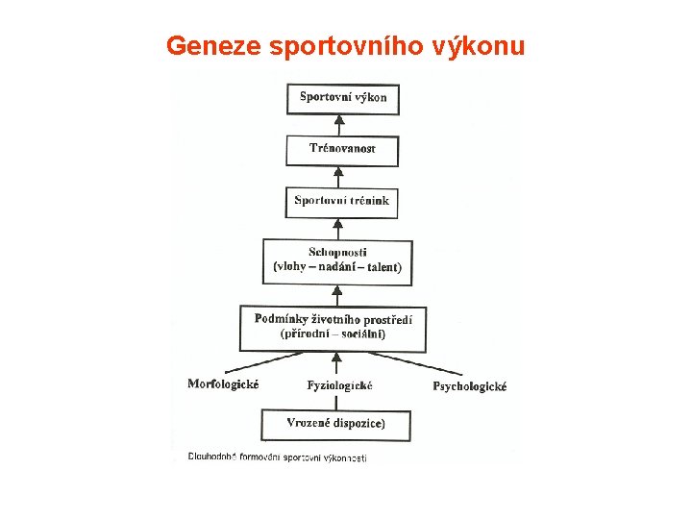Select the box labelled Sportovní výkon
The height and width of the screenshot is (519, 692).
click(x=342, y=99)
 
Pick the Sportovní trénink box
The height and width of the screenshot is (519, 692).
click(x=341, y=202)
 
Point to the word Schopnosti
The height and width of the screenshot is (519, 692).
click(x=337, y=252)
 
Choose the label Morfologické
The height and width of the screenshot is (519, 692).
click(x=223, y=384)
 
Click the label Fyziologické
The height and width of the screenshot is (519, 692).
click(x=339, y=385)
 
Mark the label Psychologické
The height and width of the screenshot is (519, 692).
click(x=469, y=386)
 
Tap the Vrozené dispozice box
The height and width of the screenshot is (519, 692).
click(x=336, y=424)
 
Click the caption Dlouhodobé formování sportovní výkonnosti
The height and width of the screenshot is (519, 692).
click(x=277, y=458)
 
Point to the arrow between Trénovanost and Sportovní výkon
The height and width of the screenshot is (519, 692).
click(x=337, y=125)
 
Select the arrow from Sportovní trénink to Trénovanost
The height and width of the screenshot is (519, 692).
click(x=337, y=176)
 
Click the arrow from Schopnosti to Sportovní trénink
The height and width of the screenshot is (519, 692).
click(x=337, y=227)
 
